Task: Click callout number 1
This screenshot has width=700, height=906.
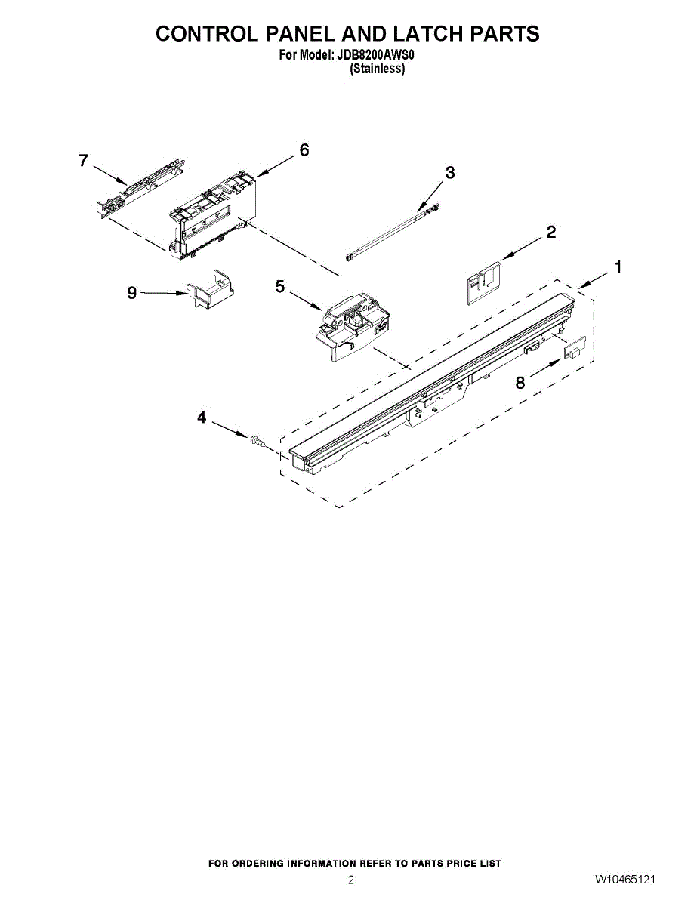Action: pyautogui.click(x=618, y=267)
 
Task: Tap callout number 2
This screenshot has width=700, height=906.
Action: pyautogui.click(x=551, y=233)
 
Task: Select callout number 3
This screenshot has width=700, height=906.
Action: pyautogui.click(x=450, y=173)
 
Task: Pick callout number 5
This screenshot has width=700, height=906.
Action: pyautogui.click(x=280, y=287)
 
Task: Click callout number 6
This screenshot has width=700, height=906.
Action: pyautogui.click(x=304, y=150)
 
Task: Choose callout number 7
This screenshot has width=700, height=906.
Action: pyautogui.click(x=83, y=160)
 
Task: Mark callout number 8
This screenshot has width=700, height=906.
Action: pyautogui.click(x=520, y=383)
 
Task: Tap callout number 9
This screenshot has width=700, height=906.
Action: pyautogui.click(x=132, y=293)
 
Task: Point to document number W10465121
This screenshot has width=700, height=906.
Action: pyautogui.click(x=624, y=880)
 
